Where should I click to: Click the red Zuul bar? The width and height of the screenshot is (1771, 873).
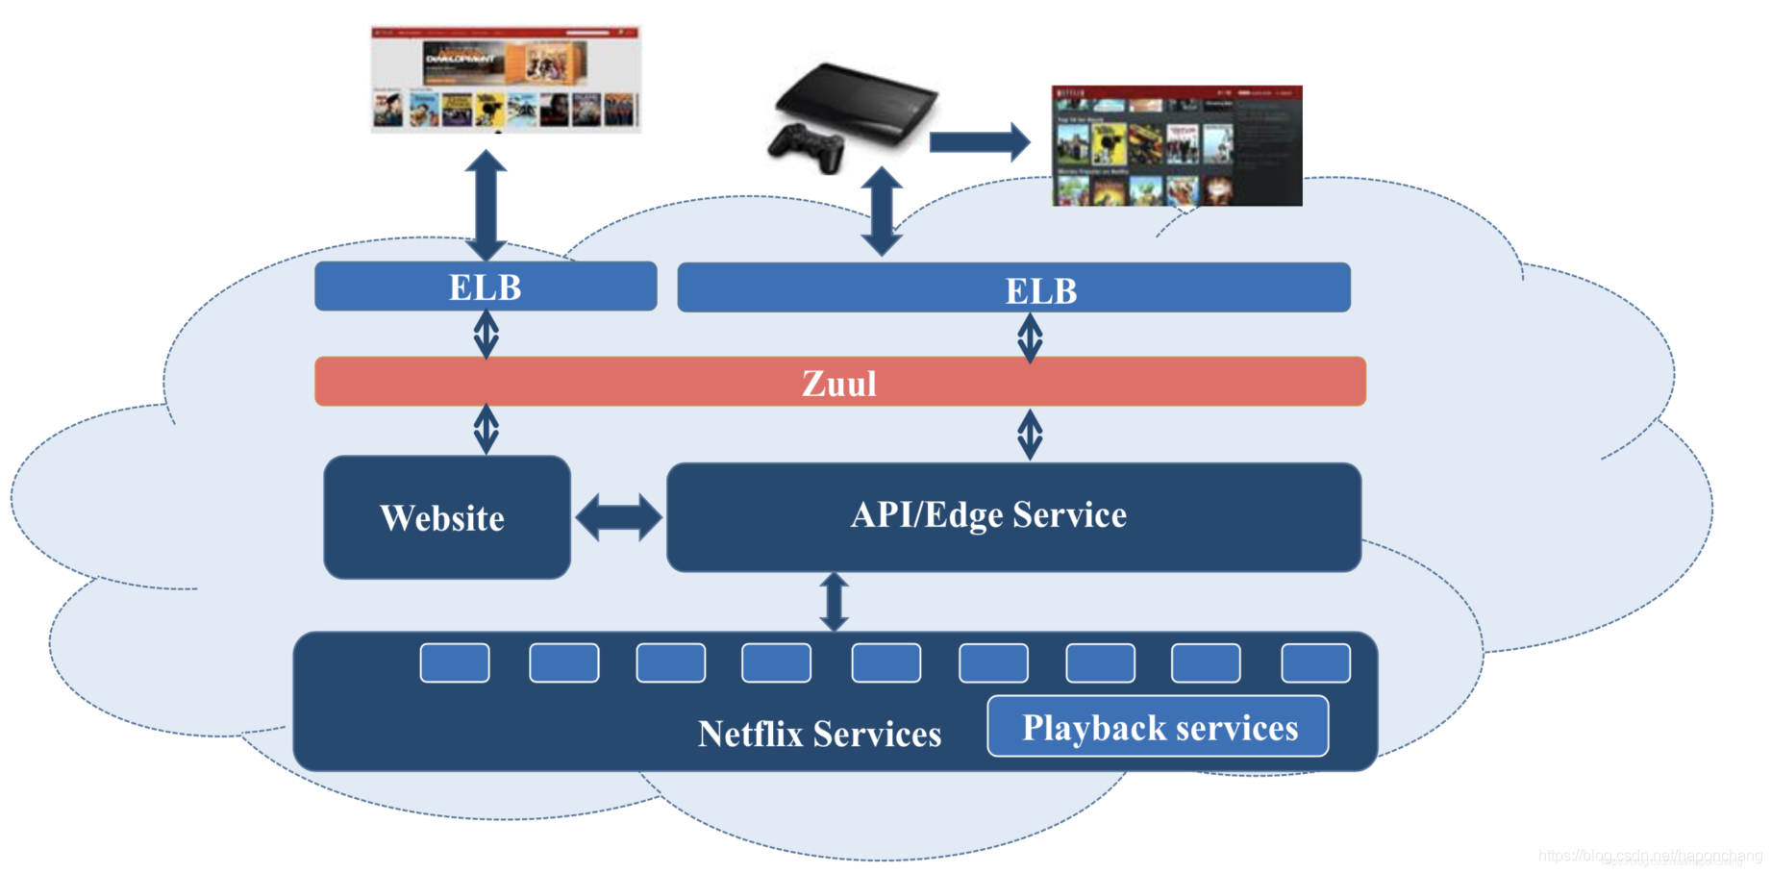click(839, 382)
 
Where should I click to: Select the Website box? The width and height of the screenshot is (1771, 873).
click(447, 517)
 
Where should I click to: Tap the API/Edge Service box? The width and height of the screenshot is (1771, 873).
click(1013, 516)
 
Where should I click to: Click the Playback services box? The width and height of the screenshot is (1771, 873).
click(1158, 727)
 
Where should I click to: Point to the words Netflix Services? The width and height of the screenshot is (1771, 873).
click(819, 734)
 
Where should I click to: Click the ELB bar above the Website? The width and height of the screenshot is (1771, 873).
click(486, 287)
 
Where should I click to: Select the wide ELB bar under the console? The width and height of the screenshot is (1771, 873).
click(1013, 288)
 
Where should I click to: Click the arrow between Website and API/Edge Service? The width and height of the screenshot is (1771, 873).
click(618, 517)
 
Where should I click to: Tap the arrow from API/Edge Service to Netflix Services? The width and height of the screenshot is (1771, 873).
click(834, 602)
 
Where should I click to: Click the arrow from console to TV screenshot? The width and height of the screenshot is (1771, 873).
click(979, 142)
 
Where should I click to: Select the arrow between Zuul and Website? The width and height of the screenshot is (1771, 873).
click(486, 429)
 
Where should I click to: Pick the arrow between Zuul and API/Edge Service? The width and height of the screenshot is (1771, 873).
click(1030, 434)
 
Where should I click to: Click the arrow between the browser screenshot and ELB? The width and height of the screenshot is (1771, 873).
click(486, 204)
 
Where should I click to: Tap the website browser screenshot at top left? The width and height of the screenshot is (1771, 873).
click(506, 79)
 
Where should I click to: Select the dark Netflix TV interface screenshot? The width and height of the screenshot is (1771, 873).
click(1177, 146)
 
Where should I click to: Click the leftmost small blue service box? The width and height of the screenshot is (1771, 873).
click(455, 662)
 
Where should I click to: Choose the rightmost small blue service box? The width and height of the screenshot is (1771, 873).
click(1315, 662)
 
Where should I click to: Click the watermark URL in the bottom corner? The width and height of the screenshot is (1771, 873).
click(1649, 856)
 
